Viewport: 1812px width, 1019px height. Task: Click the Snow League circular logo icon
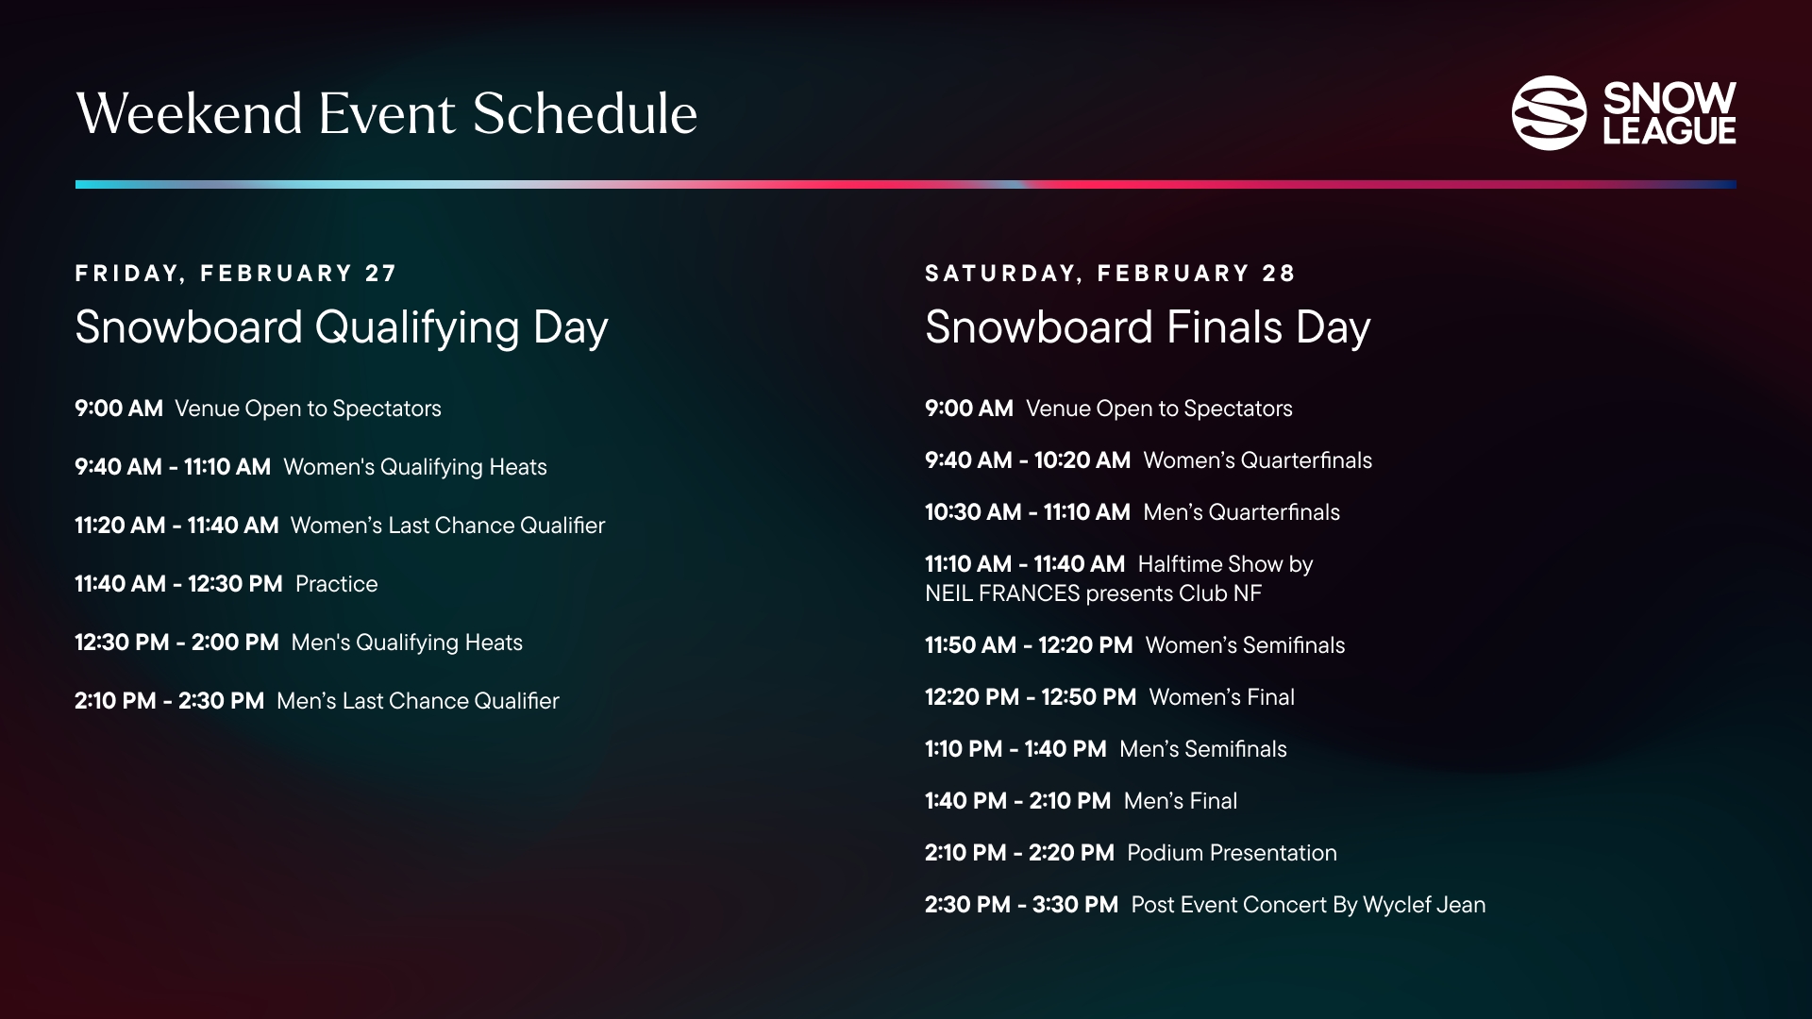(x=1550, y=113)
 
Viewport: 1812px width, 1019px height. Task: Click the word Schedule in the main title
(x=584, y=114)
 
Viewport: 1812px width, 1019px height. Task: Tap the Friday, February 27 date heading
(x=236, y=274)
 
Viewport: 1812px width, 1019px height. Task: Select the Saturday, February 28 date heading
(x=1111, y=274)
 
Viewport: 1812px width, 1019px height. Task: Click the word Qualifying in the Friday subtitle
(x=417, y=328)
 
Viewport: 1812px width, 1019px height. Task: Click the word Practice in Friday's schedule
(x=336, y=584)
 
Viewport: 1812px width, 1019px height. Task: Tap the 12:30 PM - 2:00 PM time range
(x=176, y=643)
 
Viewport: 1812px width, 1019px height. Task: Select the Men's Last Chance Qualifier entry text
(x=418, y=701)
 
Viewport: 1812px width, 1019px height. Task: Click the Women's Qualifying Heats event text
(x=415, y=467)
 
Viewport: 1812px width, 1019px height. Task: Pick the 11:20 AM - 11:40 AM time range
(x=176, y=526)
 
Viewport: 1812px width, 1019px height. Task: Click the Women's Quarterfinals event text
(x=1258, y=460)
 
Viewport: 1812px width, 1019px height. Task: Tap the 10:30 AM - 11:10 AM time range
(x=1028, y=512)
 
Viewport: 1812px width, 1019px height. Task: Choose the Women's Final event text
(x=1222, y=697)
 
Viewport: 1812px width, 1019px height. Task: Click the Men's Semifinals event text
(x=1203, y=749)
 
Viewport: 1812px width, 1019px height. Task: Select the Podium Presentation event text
(x=1232, y=853)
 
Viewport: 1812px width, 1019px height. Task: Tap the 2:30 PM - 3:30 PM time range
(x=1021, y=905)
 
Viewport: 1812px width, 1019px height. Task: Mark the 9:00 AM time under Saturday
(x=969, y=409)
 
